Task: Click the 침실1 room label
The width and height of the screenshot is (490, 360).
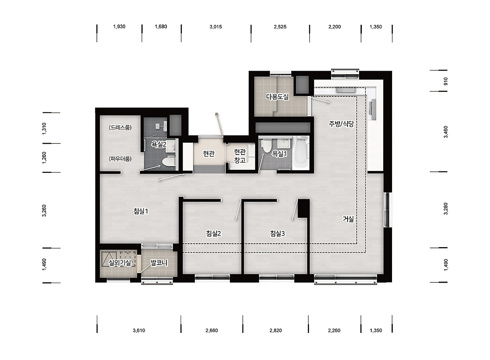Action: pyautogui.click(x=141, y=211)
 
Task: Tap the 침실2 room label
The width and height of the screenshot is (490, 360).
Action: pyautogui.click(x=214, y=233)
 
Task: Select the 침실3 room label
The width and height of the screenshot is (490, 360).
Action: pyautogui.click(x=278, y=233)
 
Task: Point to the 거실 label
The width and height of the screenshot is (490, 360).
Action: pyautogui.click(x=348, y=219)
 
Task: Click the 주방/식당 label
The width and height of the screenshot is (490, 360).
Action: pyautogui.click(x=341, y=124)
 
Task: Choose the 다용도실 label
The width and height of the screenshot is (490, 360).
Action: pyautogui.click(x=278, y=97)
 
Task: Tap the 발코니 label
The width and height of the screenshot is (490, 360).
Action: pyautogui.click(x=159, y=263)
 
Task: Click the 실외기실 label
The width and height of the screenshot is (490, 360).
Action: pyautogui.click(x=120, y=263)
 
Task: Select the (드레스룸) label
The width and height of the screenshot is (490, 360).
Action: pyautogui.click(x=120, y=127)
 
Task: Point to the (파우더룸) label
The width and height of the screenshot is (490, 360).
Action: pyautogui.click(x=120, y=159)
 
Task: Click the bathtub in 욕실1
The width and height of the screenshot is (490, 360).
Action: pyautogui.click(x=301, y=152)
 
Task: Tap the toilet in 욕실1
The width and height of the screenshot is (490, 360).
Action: pyautogui.click(x=267, y=146)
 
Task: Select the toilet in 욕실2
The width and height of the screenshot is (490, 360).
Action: pyautogui.click(x=168, y=162)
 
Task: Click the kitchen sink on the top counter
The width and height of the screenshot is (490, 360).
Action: pyautogui.click(x=346, y=90)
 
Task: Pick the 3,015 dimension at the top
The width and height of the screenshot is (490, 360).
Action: pyautogui.click(x=216, y=27)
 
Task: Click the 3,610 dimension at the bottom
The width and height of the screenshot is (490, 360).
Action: pyautogui.click(x=139, y=330)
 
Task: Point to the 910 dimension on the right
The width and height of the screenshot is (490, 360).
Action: pyautogui.click(x=446, y=81)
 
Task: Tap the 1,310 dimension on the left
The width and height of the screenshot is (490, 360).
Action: pyautogui.click(x=44, y=129)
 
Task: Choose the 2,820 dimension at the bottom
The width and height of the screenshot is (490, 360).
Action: pyautogui.click(x=276, y=330)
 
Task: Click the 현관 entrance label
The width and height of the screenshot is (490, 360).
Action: pyautogui.click(x=209, y=154)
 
